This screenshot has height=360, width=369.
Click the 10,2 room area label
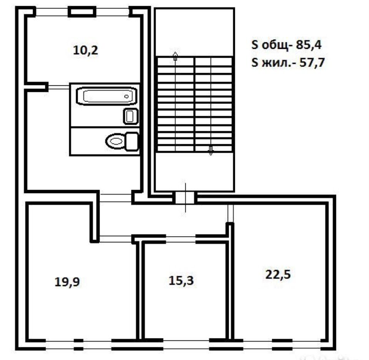point(85,50)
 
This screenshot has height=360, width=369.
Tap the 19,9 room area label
point(67,282)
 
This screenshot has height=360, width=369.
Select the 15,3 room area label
point(181,280)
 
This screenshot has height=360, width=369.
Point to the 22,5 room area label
point(278,274)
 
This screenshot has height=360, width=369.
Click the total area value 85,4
point(309,45)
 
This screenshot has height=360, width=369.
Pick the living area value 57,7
point(312,62)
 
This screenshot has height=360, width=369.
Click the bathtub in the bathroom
point(106,96)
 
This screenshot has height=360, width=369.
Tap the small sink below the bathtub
point(131,116)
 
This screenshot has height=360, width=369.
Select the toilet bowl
point(116,141)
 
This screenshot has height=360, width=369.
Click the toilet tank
point(132,141)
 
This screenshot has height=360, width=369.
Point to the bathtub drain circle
point(126,96)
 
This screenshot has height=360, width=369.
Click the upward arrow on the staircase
point(175,56)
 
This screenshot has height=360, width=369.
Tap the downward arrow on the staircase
point(211,151)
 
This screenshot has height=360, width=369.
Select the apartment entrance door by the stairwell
point(185,197)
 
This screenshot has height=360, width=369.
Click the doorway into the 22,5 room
point(230,213)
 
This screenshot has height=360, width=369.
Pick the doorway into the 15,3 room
point(181,239)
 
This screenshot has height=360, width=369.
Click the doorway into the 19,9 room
point(115,239)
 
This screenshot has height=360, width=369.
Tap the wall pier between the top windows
point(82,12)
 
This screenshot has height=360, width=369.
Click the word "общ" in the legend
point(275,45)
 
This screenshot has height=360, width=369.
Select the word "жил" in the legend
point(276,63)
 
